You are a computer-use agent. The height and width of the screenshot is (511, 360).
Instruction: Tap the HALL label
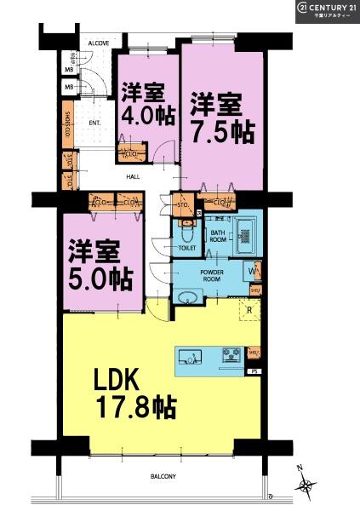(134, 177)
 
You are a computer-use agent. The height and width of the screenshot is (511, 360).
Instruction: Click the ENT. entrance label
(95, 123)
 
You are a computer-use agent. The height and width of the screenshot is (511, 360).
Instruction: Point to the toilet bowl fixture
(187, 231)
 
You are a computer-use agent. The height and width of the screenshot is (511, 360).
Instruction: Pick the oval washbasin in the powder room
(188, 297)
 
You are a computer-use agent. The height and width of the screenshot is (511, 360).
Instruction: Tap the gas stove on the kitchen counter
(230, 356)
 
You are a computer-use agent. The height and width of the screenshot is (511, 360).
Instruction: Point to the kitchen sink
(191, 357)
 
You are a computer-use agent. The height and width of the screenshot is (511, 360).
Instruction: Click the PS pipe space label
(253, 372)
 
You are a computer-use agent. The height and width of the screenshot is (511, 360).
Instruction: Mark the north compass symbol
(305, 485)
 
